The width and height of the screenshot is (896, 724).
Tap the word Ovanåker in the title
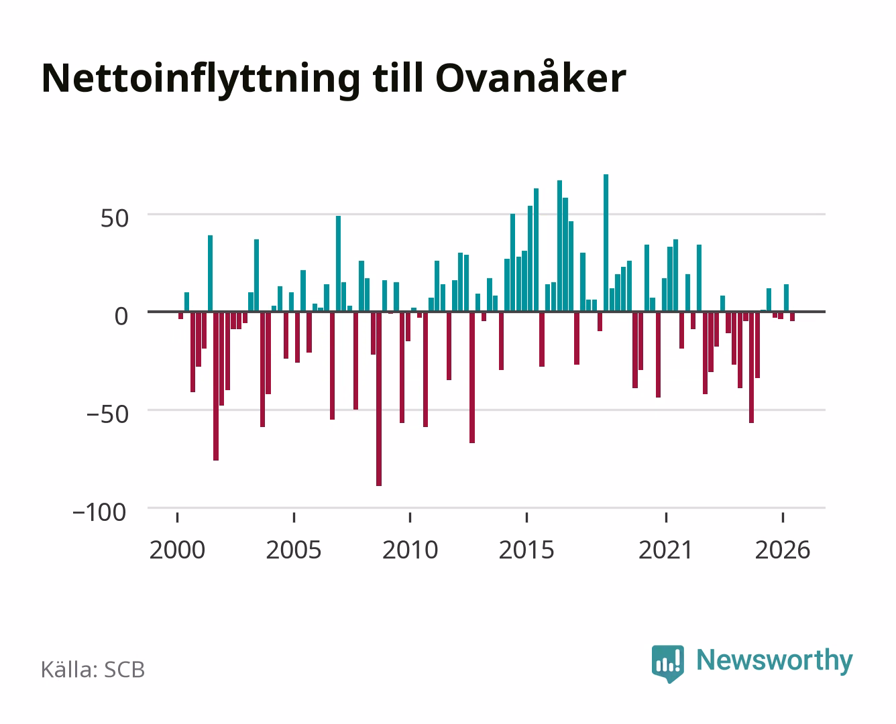coord(531,76)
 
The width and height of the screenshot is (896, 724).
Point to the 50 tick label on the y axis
coord(115,219)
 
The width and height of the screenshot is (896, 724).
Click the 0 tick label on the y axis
coord(121,316)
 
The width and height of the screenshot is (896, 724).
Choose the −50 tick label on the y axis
coord(107,414)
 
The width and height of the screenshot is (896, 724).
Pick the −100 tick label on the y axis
coord(99,513)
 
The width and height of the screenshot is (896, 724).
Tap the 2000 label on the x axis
coord(177,550)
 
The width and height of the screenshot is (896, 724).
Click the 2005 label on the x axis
coord(294,550)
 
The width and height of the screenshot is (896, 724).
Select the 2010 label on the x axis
coord(410,550)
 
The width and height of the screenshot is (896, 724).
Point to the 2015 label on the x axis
coord(526,550)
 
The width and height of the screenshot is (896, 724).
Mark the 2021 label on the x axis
coord(666,550)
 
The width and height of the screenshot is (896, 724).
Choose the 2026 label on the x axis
coord(783,550)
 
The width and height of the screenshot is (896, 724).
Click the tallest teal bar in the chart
coord(606,243)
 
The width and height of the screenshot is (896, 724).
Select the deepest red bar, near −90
coord(379,399)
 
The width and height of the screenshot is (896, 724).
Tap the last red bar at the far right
coord(793,316)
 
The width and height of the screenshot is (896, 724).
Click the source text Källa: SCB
coord(93,670)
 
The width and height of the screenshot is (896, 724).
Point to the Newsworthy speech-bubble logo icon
coord(667,664)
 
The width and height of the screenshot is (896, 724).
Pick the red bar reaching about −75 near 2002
coord(216,386)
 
